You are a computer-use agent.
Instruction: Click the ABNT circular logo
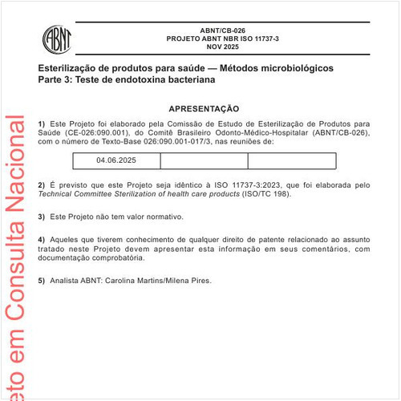click(57, 37)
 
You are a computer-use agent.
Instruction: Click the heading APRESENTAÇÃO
click(204, 108)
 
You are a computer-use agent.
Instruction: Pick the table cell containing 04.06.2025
click(116, 160)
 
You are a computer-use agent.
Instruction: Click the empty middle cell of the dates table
click(204, 160)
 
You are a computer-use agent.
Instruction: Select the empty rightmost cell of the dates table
click(290, 160)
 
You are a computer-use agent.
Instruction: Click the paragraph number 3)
click(42, 217)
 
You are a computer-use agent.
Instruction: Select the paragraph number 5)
click(42, 281)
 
